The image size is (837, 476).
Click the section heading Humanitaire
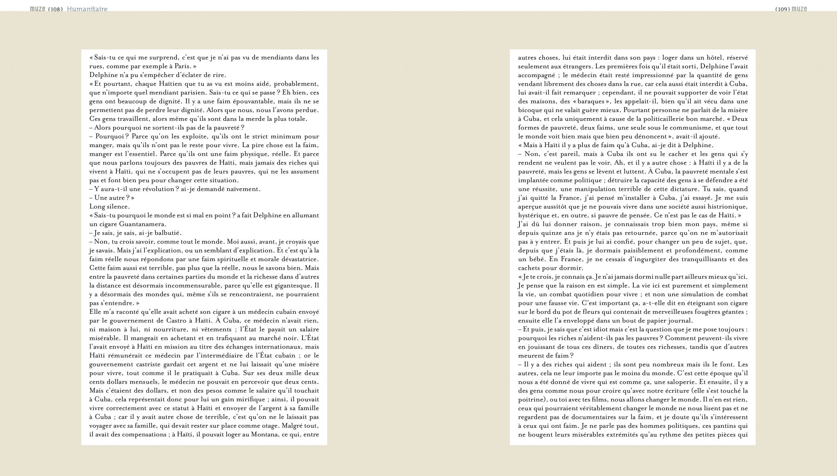(87, 9)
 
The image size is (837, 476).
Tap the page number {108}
(55, 9)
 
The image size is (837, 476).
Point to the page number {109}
(782, 9)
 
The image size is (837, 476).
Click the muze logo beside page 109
(799, 9)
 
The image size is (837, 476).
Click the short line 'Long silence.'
(110, 206)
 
